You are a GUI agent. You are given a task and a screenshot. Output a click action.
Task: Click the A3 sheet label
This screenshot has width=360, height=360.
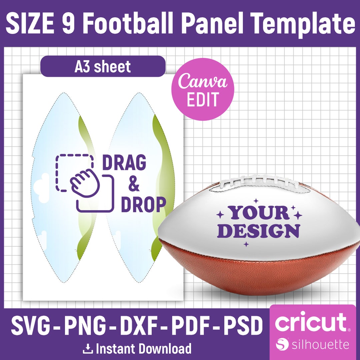[103, 67]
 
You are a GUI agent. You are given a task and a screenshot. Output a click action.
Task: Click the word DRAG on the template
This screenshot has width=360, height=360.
[124, 163]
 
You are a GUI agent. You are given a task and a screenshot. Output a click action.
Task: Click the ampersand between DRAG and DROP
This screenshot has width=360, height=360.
[133, 184]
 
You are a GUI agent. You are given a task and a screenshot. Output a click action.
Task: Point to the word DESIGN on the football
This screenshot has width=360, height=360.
[261, 231]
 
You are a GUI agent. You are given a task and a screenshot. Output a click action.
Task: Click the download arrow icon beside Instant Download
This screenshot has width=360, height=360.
[88, 349]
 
